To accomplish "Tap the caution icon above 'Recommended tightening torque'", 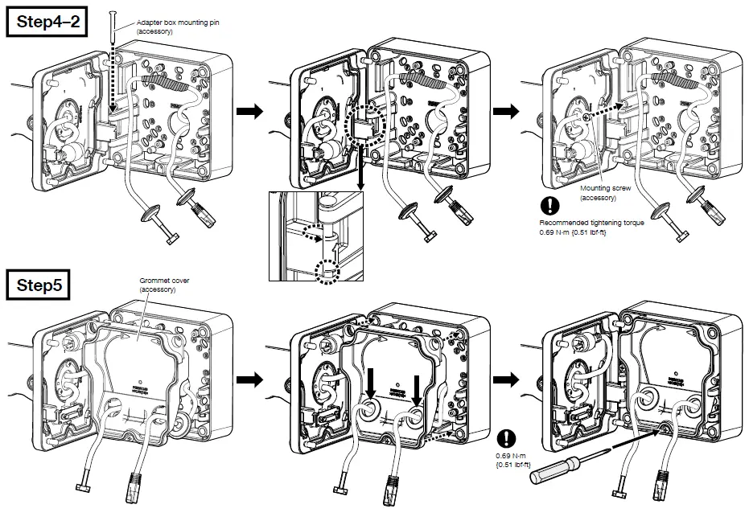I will pos(549,205).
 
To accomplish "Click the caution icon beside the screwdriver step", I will pos(507,438).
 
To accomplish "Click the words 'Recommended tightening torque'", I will pos(591,223).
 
